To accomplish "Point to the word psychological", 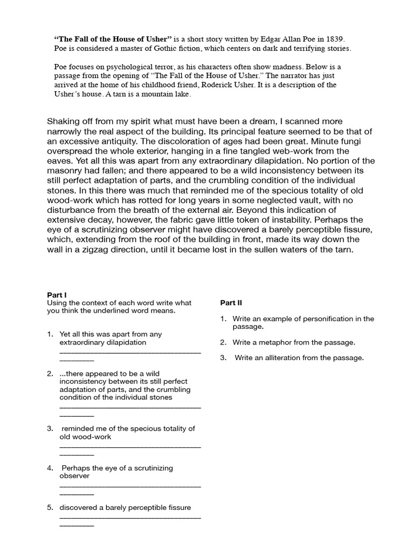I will point(117,66).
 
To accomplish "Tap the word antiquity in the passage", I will point(123,141).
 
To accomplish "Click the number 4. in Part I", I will point(50,468).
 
